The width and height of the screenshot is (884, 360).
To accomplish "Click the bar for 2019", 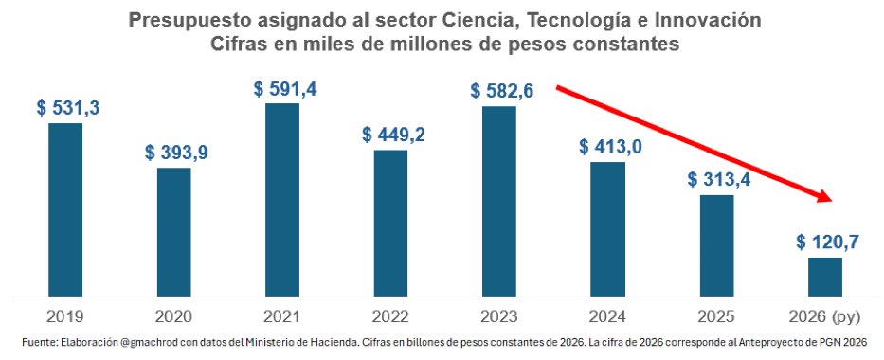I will [65, 208].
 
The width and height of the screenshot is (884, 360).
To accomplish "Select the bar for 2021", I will [282, 199].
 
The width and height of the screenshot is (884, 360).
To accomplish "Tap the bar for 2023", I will [499, 200].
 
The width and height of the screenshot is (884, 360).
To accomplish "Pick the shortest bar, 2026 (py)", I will [824, 276].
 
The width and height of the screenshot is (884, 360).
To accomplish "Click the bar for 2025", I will [716, 244].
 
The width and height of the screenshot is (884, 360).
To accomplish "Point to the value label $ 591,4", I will [285, 89].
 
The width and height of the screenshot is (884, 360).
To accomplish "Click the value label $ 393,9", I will [176, 153].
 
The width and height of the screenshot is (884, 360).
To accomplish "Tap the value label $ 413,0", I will [609, 147].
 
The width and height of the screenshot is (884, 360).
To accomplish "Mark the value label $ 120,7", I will [827, 243].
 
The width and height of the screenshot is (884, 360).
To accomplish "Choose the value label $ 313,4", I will [718, 180].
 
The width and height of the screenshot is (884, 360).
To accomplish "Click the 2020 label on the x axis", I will [174, 315].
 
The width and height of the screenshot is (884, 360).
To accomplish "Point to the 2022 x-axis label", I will [391, 315].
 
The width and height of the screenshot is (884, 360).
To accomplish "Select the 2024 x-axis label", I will [607, 315].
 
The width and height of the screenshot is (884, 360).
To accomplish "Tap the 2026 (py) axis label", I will [824, 315].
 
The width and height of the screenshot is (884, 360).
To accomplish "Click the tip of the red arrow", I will [830, 200].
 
